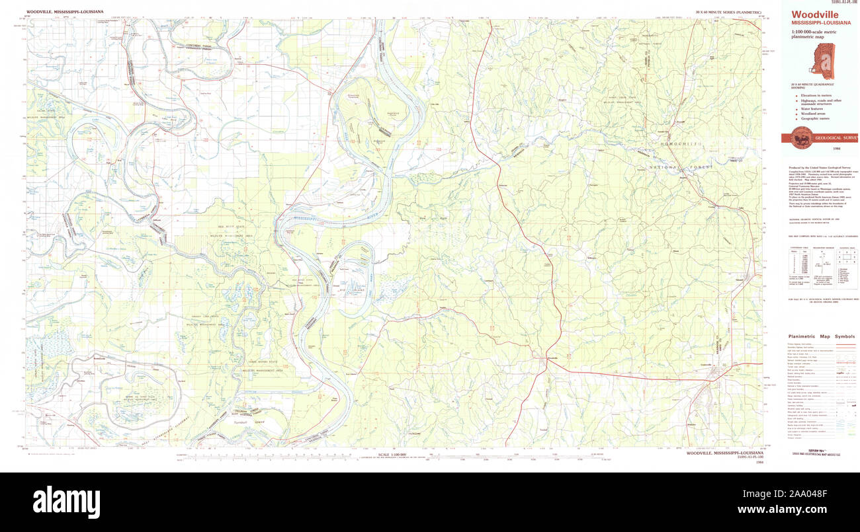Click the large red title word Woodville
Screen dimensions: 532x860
[x=810, y=15]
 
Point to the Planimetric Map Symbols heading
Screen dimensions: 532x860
[x=821, y=336]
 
